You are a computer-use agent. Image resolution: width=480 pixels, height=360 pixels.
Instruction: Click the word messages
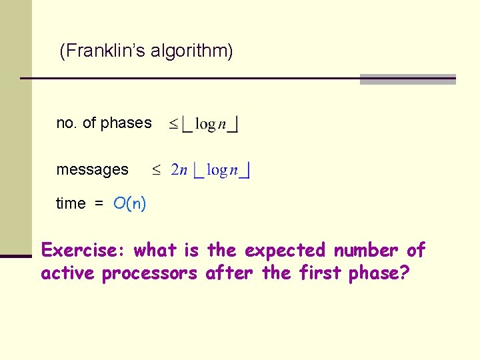[92, 170]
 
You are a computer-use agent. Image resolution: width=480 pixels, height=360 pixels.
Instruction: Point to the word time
[71, 203]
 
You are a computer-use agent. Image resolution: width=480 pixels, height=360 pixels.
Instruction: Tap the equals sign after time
[99, 204]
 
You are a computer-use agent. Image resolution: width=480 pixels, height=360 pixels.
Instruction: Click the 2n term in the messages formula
[179, 170]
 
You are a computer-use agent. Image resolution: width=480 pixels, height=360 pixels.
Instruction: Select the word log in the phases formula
[207, 124]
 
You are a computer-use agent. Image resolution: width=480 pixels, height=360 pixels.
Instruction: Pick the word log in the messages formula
[217, 170]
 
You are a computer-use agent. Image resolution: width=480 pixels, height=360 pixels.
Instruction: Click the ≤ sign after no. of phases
[173, 124]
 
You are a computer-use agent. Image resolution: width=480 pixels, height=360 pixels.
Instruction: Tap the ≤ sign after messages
[156, 171]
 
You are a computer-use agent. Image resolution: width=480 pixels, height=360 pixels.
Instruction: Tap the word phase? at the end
[381, 273]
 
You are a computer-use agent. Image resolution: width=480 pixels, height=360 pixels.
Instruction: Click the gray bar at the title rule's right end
[407, 79]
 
